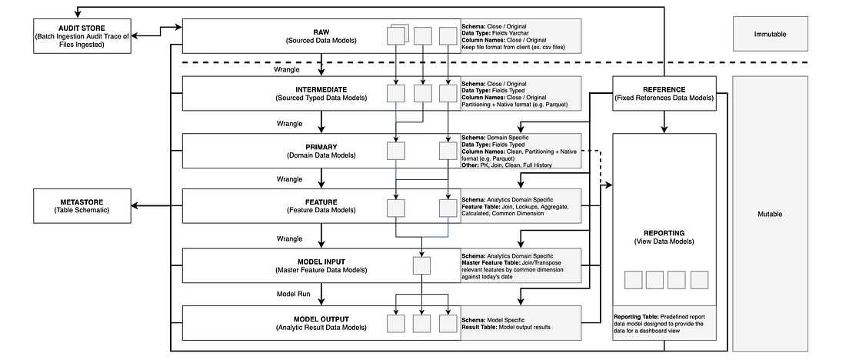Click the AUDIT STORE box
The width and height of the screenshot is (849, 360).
click(82, 35)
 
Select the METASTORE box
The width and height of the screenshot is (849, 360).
click(82, 206)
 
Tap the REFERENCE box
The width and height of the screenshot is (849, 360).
click(664, 93)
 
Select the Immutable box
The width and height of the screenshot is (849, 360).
click(771, 35)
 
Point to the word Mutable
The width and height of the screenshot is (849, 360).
click(771, 214)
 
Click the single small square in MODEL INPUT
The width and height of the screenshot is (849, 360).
click(422, 266)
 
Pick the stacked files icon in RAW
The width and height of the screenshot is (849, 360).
click(396, 35)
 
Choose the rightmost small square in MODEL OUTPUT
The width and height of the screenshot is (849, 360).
click(448, 324)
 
